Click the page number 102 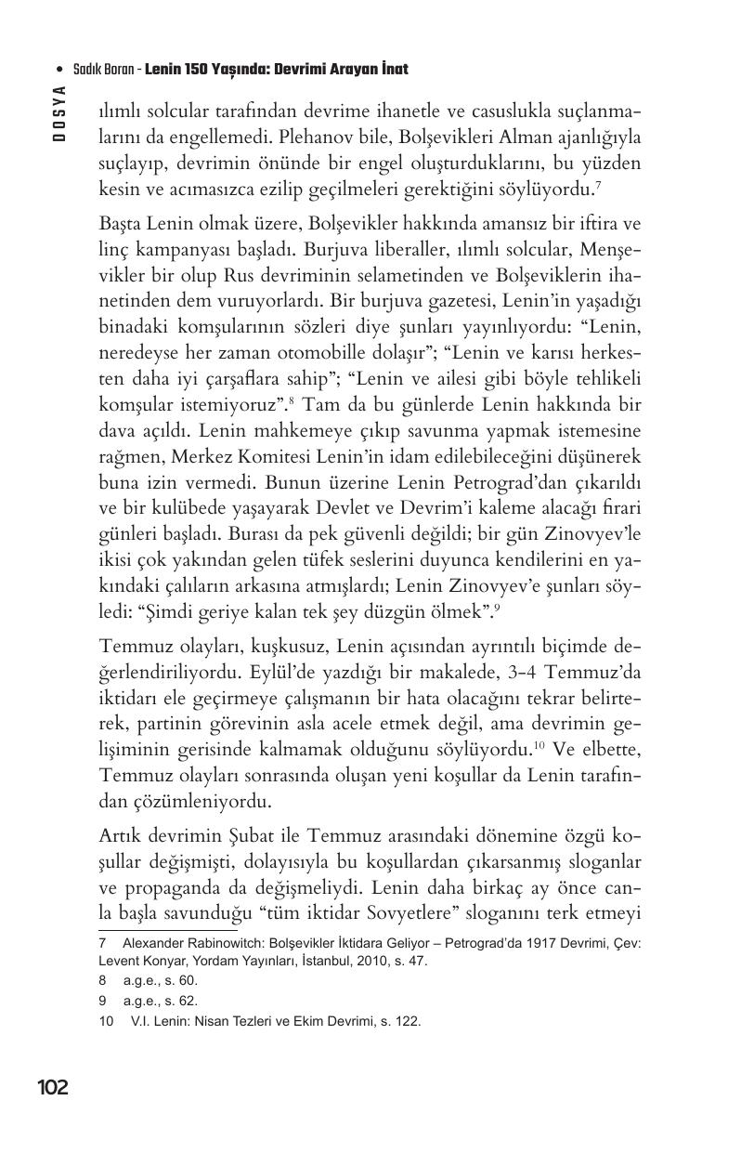pyautogui.click(x=53, y=1087)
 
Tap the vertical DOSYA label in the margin pyautogui.click(x=59, y=112)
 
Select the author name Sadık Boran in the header pyautogui.click(x=100, y=70)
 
